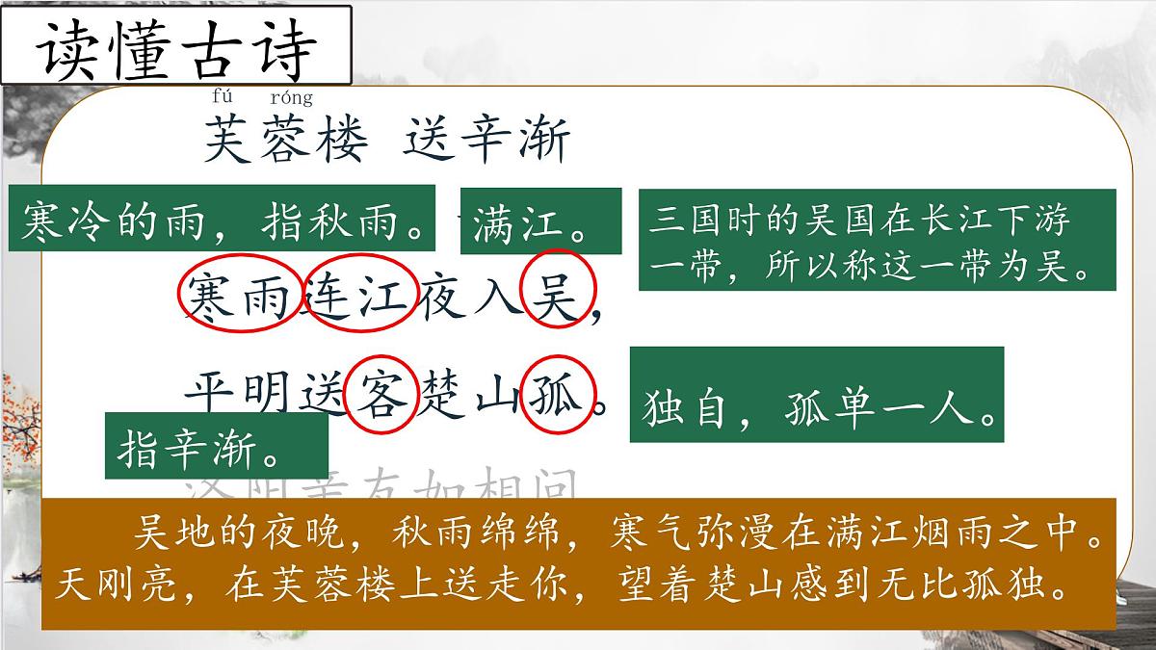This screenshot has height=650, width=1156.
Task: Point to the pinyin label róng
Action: [x=291, y=97]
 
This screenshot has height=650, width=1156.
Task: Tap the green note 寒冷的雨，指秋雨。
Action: [x=223, y=224]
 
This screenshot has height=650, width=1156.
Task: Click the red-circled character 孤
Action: [x=558, y=394]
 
